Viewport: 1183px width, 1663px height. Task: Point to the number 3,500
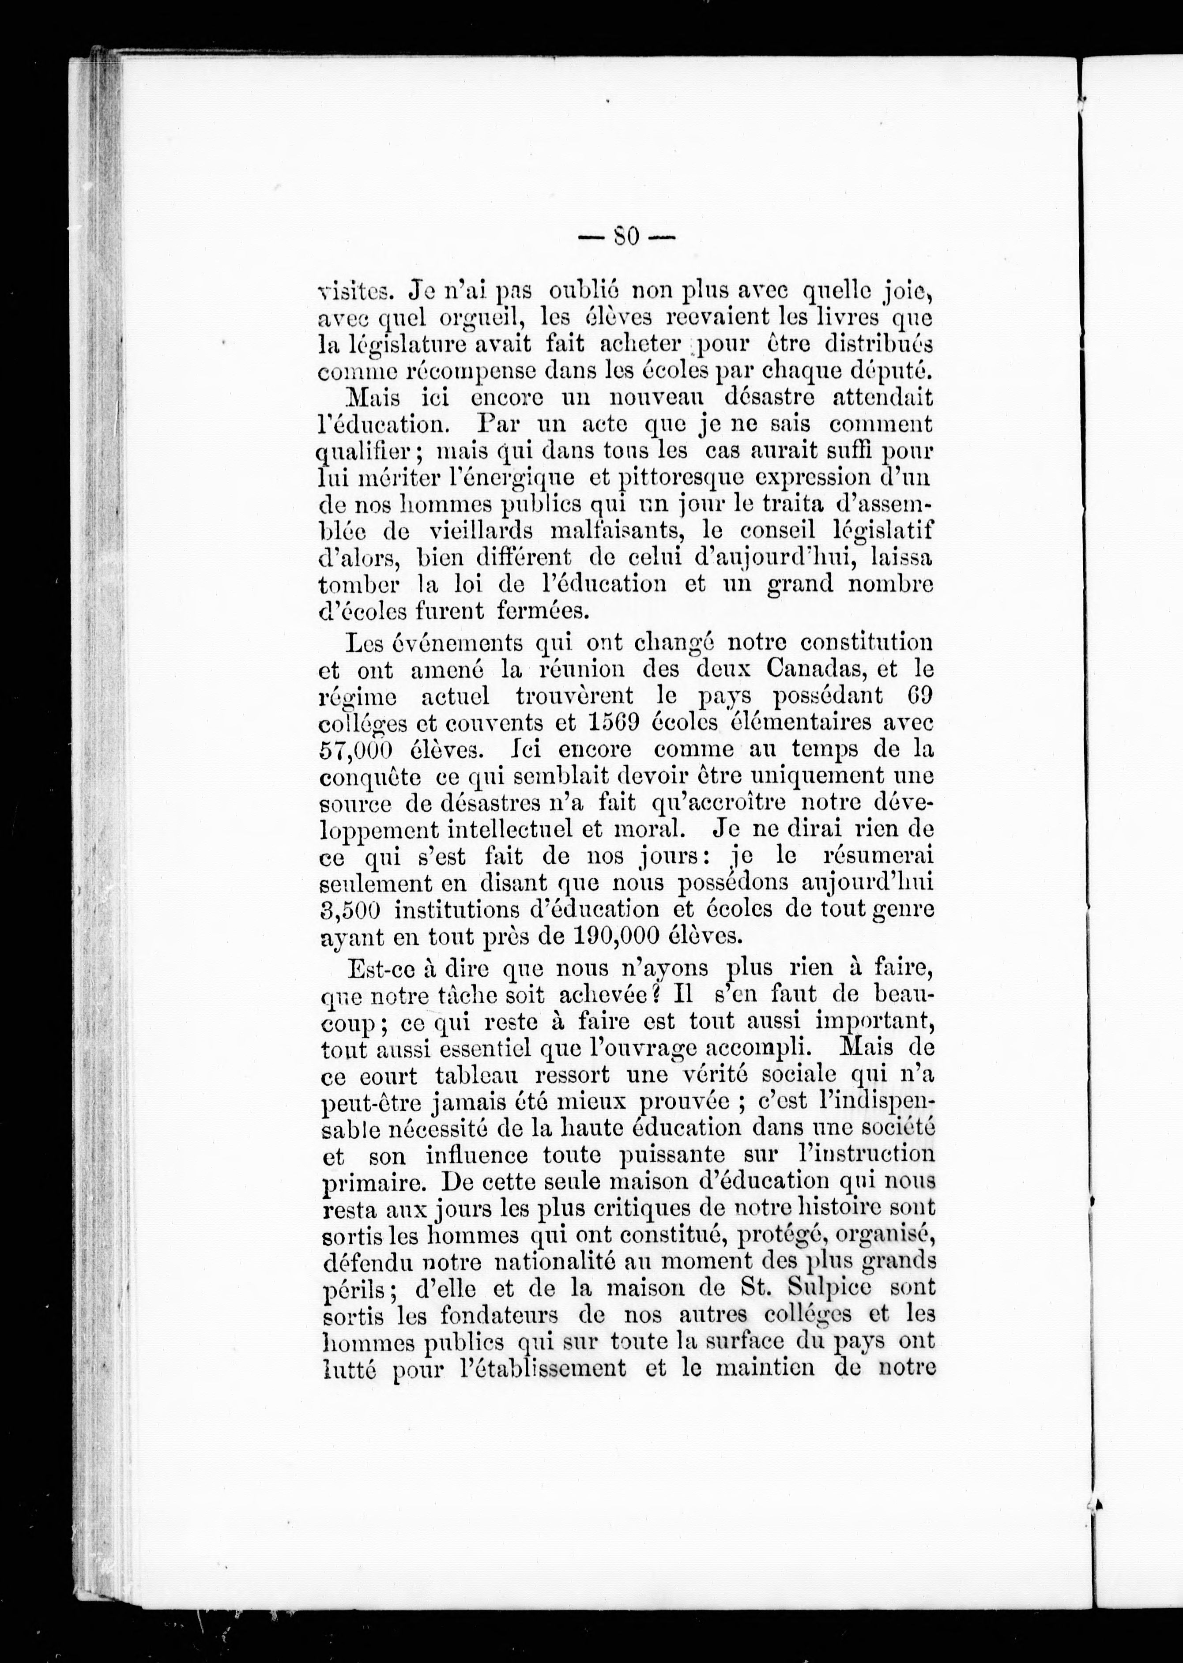pyautogui.click(x=353, y=910)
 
